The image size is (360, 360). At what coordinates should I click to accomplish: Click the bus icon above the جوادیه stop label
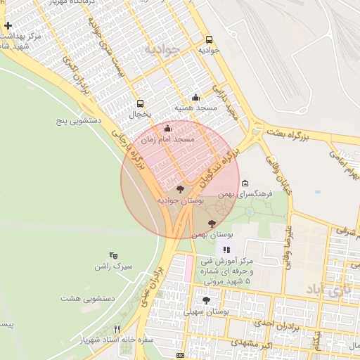tap(208, 40)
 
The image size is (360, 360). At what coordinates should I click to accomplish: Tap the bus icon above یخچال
tap(140, 103)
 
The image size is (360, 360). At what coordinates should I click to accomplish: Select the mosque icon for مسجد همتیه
tap(195, 98)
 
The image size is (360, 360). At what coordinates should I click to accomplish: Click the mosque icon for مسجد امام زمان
tap(167, 129)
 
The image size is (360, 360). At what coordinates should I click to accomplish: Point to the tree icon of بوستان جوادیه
tap(180, 189)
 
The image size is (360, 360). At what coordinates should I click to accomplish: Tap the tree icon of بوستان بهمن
tap(212, 223)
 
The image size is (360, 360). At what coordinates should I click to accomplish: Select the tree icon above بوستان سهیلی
tap(206, 300)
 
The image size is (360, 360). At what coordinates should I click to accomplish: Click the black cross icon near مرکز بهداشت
tap(8, 25)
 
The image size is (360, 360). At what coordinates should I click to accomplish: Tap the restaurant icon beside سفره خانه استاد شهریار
tap(117, 328)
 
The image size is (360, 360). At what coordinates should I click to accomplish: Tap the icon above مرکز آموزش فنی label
tap(226, 250)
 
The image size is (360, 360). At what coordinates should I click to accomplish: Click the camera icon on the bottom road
tap(181, 356)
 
